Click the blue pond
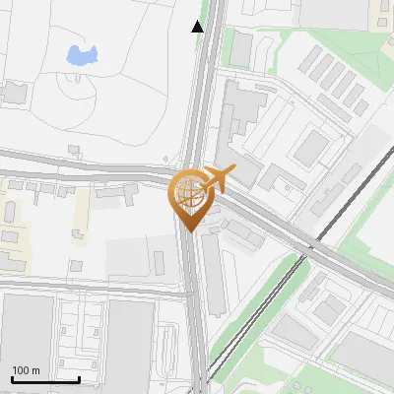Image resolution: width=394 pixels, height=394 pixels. [80, 55]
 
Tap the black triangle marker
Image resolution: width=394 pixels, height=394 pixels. [198, 27]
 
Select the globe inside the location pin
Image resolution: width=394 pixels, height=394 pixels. [189, 194]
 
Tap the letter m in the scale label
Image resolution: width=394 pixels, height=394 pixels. [36, 370]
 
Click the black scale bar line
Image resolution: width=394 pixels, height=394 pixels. [45, 379]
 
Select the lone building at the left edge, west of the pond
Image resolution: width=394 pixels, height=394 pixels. [14, 93]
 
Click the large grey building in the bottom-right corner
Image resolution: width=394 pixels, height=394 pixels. [364, 360]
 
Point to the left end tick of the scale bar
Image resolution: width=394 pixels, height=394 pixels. [12, 377]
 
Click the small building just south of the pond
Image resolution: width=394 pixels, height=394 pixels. [74, 150]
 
